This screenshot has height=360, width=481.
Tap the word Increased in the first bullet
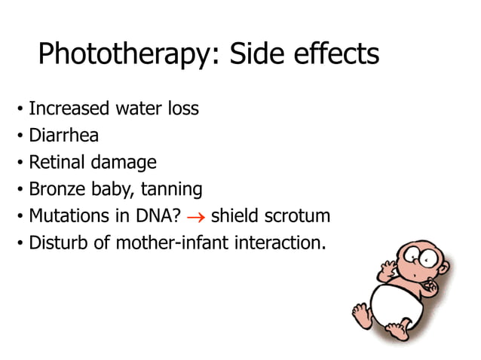(69, 109)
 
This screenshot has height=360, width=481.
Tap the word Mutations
(66, 217)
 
